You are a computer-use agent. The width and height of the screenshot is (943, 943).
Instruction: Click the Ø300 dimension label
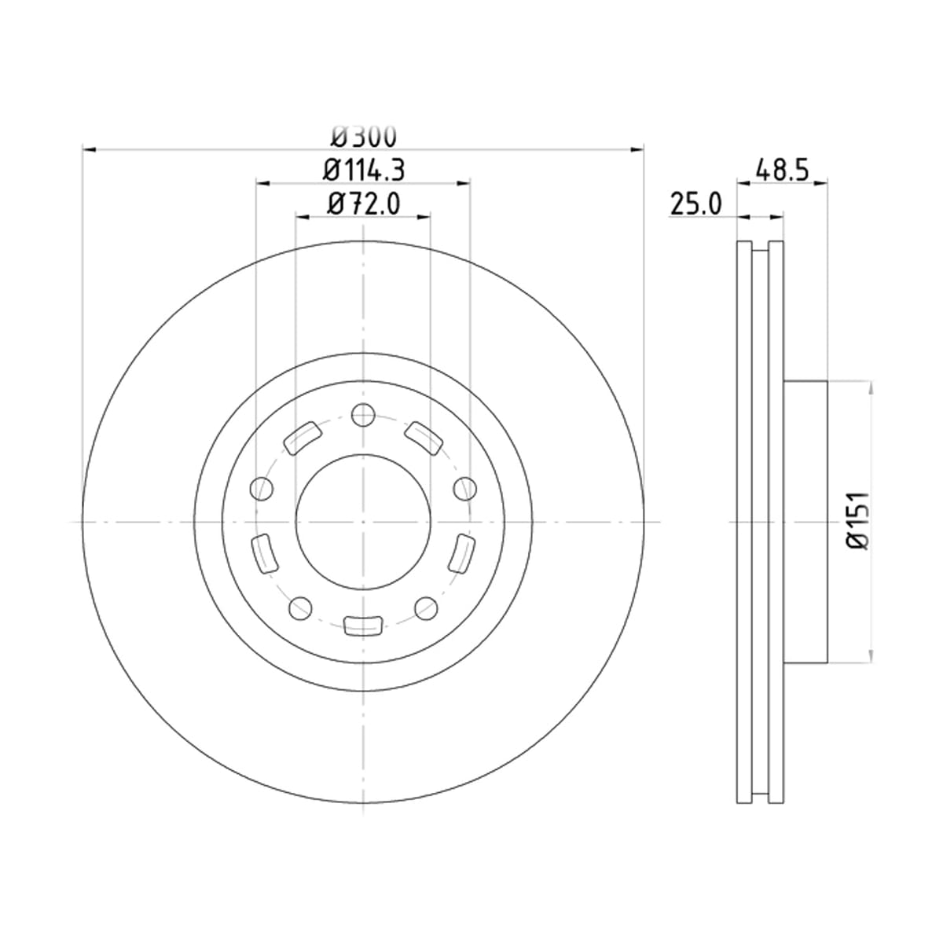click(364, 137)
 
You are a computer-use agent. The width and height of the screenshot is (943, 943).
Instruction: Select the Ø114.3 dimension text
click(364, 171)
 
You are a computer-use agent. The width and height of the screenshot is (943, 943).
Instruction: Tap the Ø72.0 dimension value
click(364, 204)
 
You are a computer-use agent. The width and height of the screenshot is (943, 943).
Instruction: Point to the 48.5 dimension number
click(782, 171)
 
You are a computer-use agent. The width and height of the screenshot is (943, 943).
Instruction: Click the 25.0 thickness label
click(696, 204)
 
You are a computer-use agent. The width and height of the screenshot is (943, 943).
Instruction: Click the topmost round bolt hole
click(363, 416)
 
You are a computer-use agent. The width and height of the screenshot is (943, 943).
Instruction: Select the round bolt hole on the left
click(262, 488)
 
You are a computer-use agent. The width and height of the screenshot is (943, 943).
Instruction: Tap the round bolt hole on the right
click(465, 488)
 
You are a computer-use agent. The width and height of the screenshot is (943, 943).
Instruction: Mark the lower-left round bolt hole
click(300, 608)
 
